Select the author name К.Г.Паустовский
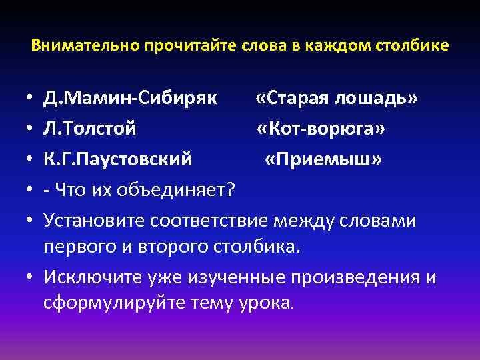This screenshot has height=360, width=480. (118, 161)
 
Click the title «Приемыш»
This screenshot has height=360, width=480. (323, 161)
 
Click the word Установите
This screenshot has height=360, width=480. (95, 221)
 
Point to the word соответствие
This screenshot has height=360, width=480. (213, 221)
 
